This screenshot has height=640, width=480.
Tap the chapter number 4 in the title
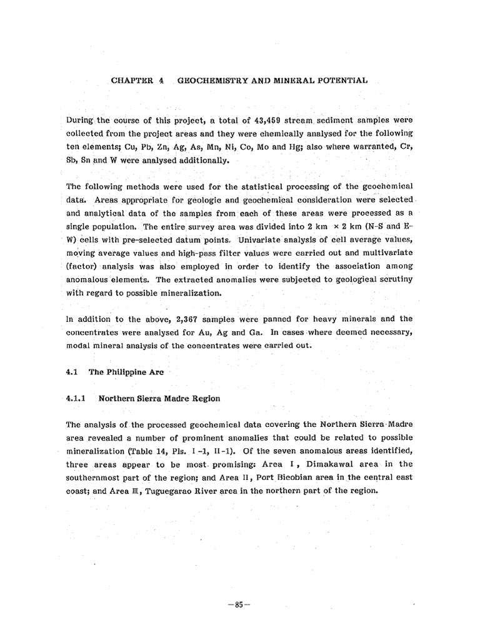(x=161, y=81)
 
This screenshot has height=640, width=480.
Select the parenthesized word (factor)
(x=80, y=267)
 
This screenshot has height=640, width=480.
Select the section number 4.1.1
(x=79, y=398)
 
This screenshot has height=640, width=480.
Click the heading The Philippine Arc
(x=126, y=372)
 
